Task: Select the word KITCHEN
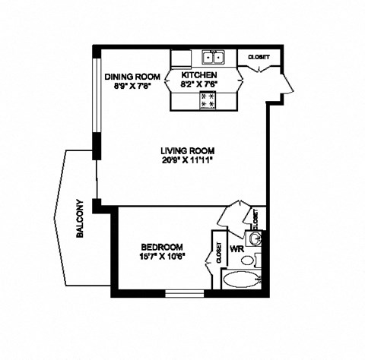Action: [199, 76]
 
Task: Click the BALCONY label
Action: [79, 219]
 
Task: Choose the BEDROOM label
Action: [162, 247]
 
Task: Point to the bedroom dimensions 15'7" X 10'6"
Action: [162, 257]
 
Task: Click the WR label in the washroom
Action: [236, 248]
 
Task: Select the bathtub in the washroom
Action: [240, 279]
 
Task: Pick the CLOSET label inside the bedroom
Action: [218, 253]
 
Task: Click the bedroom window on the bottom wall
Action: [186, 292]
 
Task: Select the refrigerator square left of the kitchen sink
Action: [180, 58]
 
